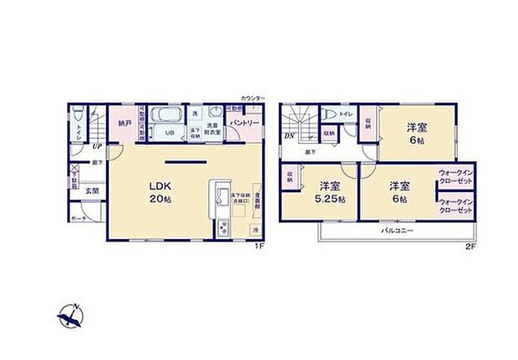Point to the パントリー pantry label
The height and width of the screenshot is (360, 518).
coord(244,123)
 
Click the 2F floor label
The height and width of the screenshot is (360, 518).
coord(470,246)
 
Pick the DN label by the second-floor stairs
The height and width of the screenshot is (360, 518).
coord(288,135)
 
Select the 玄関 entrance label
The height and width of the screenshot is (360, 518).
coord(92,190)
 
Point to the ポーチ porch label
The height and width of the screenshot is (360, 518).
coord(79,218)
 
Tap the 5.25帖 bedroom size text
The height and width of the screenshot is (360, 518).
coord(322,200)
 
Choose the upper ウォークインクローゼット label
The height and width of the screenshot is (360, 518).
coord(455,175)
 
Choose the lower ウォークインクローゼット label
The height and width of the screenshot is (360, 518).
coord(455,205)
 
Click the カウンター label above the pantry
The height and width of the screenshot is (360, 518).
coord(252,99)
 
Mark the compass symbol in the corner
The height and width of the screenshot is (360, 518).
coord(71,317)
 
